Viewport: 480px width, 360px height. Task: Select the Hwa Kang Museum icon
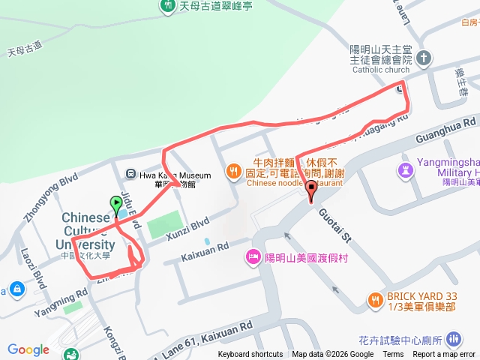click(x=132, y=175)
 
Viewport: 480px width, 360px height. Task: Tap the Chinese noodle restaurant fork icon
click(x=235, y=171)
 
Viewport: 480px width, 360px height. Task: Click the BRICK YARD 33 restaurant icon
click(x=375, y=300)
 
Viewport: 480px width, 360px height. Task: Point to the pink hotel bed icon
click(x=253, y=257)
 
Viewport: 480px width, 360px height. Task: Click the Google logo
click(x=28, y=349)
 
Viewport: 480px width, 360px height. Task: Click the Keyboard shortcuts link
click(x=250, y=355)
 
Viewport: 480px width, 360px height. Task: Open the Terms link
click(x=393, y=355)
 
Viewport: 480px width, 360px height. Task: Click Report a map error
click(x=445, y=355)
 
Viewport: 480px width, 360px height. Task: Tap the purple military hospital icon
click(x=406, y=169)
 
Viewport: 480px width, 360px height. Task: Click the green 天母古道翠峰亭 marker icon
click(x=167, y=6)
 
